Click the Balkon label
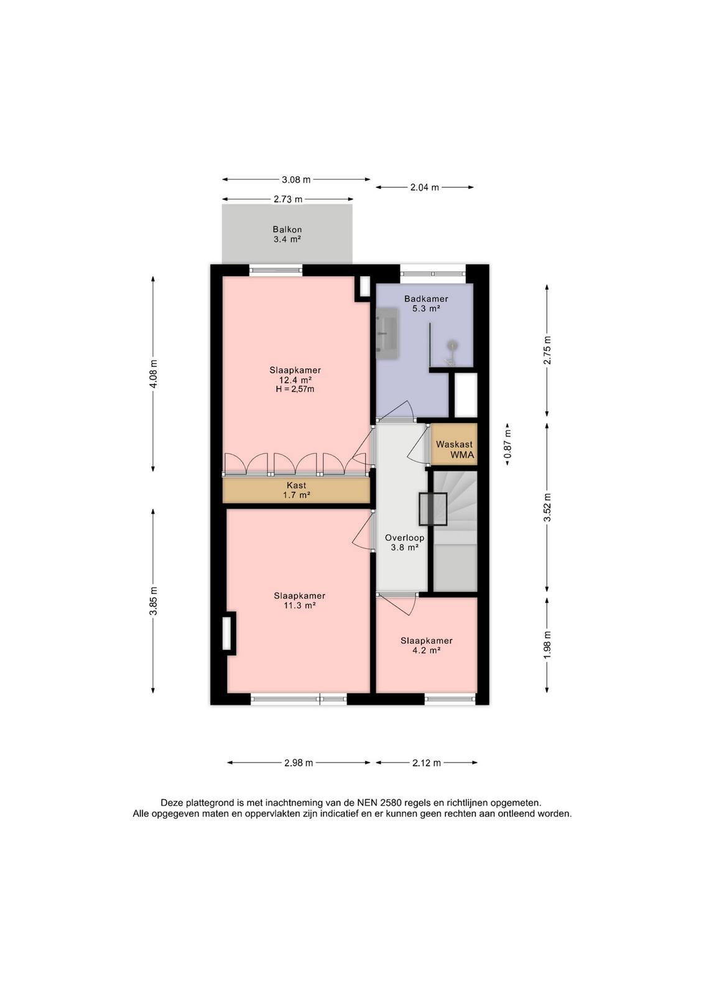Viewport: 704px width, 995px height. pos(287,229)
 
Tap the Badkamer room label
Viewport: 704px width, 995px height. pos(426,299)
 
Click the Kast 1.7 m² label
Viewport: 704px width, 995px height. pos(296,491)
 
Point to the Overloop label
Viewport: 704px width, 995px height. pos(405,537)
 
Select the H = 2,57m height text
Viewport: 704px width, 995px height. pos(295,389)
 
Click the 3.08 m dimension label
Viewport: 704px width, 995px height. pos(296,180)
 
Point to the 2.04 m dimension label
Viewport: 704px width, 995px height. pos(425,187)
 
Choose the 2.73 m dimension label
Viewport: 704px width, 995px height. pos(288,200)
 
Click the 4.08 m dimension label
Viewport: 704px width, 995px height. pos(154,374)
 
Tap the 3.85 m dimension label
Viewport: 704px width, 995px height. pos(154,601)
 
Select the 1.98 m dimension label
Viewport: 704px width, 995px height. pos(547,645)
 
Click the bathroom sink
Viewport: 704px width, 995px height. pos(387,333)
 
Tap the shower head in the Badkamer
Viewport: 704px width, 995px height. pos(452,345)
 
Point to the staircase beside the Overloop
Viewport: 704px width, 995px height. pos(455,531)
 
